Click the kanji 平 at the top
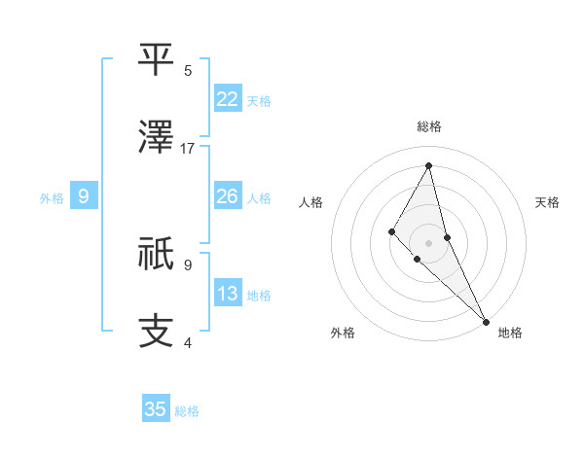tap(157, 59)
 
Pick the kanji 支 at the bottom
tap(157, 331)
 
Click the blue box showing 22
tap(228, 98)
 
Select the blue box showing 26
tap(228, 196)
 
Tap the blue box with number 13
tap(228, 294)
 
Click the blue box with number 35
tap(156, 409)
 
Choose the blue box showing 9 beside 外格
tap(84, 197)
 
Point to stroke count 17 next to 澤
tap(188, 149)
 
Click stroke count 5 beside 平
tap(188, 71)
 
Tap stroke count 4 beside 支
tap(188, 342)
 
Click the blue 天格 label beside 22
tap(259, 100)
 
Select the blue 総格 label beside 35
tap(187, 411)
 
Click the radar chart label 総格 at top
tap(428, 127)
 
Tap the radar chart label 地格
tap(510, 333)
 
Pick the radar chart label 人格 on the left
tap(311, 202)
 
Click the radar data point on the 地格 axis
tap(485, 320)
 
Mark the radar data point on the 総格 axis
tap(428, 164)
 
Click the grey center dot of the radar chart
tap(428, 242)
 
